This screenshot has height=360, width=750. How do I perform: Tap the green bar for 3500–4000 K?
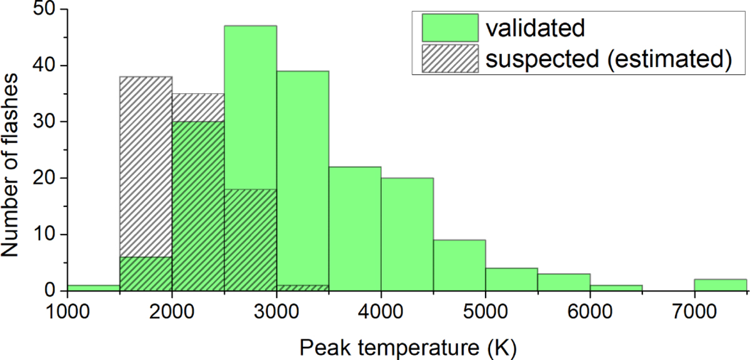click(355, 229)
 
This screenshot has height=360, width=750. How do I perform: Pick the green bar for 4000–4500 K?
click(407, 234)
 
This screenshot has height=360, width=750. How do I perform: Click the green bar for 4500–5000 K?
click(459, 265)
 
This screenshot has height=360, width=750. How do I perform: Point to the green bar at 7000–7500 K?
click(721, 285)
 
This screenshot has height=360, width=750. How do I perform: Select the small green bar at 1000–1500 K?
click(93, 287)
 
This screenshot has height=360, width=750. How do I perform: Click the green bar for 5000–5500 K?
click(512, 279)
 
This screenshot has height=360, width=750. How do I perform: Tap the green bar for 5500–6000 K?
click(564, 282)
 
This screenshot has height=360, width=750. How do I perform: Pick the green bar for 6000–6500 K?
click(616, 287)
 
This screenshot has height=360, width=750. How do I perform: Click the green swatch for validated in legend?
click(450, 27)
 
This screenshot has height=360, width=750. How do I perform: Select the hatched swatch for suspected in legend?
click(450, 59)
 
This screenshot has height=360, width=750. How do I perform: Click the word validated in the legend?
click(536, 27)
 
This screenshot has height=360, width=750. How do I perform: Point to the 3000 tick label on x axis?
click(276, 311)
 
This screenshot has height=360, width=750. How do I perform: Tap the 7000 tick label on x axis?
click(694, 311)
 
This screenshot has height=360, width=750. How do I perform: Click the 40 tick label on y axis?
click(44, 65)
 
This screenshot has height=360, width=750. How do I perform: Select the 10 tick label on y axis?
click(44, 234)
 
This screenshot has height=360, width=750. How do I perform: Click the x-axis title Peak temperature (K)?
click(407, 348)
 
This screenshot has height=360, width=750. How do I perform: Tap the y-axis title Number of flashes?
click(9, 166)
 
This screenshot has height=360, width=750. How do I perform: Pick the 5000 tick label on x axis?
click(486, 311)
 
